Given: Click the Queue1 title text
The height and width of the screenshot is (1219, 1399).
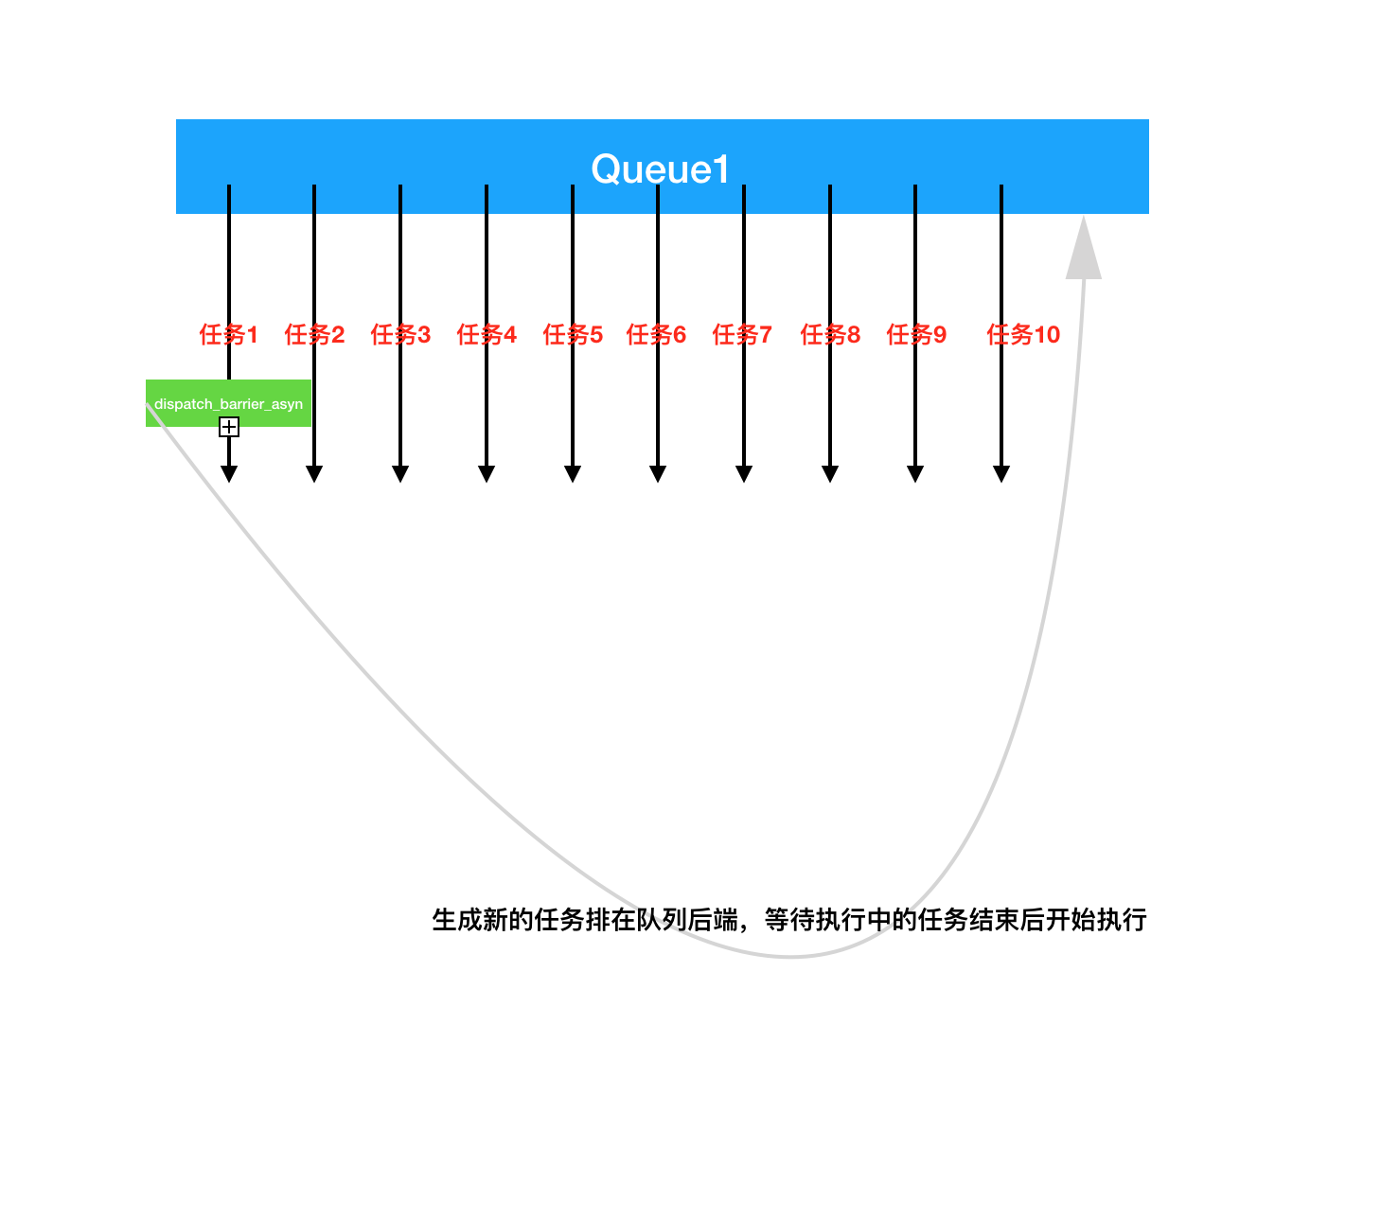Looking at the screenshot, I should tap(660, 169).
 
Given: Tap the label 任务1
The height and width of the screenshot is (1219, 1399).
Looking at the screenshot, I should tap(228, 334).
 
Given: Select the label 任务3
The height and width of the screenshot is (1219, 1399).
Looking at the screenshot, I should tap(400, 334).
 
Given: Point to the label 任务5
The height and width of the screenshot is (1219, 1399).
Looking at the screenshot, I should tap(573, 334).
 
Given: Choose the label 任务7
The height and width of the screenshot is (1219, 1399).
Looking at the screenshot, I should tap(742, 334).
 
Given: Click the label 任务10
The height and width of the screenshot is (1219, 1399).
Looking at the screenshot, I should tap(1023, 334).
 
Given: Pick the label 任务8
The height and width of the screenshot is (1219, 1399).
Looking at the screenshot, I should tap(830, 334).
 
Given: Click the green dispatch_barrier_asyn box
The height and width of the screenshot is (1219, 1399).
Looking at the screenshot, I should tap(228, 403).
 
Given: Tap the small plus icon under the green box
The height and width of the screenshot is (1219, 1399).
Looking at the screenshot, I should tap(229, 428).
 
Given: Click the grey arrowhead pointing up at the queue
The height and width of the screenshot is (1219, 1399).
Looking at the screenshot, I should tap(1084, 251).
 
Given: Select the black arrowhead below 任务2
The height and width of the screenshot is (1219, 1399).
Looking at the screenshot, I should tap(314, 473).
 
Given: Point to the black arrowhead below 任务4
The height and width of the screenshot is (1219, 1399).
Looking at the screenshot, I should tap(487, 473).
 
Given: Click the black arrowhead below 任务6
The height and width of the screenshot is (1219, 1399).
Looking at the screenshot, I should tap(658, 473).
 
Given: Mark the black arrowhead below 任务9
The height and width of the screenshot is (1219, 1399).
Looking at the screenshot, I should tap(915, 473).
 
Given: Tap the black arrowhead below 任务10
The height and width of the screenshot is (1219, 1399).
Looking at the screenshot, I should tap(1001, 473).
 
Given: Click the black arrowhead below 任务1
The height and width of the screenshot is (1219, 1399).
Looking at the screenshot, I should tap(229, 473).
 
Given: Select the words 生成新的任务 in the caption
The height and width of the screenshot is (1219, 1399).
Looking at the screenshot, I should tap(483, 920).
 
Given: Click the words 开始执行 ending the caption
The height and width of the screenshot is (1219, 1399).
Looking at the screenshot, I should tap(1096, 920).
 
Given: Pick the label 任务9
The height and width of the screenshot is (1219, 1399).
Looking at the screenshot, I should tap(916, 334).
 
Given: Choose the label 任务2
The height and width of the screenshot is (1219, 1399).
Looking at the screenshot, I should tap(314, 334).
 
